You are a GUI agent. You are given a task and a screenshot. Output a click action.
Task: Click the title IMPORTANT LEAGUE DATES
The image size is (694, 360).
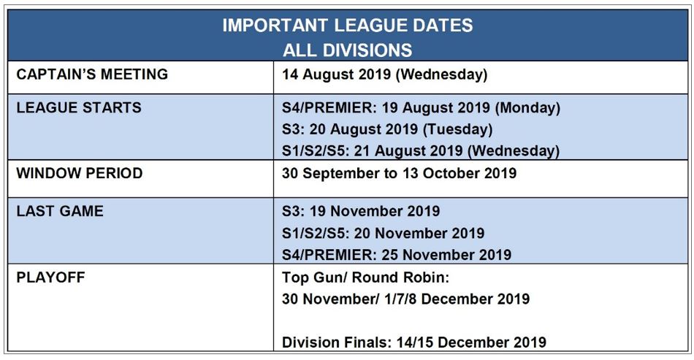point(348,26)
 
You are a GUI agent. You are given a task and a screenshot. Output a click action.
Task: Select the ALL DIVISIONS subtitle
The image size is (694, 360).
point(348,50)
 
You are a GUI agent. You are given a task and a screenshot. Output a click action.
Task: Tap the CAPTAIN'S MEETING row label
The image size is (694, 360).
point(92,74)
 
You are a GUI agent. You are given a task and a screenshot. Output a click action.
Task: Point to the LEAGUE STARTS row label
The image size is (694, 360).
point(79,107)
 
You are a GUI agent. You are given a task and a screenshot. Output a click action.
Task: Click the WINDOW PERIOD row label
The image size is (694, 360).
point(79,173)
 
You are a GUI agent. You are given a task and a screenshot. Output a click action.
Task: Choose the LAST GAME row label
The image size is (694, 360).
point(60,211)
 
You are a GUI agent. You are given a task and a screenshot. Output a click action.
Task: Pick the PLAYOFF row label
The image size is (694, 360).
point(50,277)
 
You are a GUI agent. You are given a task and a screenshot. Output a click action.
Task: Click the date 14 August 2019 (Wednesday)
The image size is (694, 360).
point(384,74)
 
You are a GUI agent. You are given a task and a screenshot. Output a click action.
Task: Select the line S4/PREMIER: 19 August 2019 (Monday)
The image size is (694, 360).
point(421,108)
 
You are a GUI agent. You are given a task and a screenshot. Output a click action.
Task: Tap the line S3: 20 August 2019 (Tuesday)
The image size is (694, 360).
point(387,129)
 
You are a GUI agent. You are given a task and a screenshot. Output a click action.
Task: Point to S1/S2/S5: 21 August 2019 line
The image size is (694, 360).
point(421,151)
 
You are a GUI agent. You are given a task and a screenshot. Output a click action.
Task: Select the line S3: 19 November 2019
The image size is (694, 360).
point(361,211)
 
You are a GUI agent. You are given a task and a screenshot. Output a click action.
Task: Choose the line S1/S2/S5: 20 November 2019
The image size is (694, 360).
point(384,233)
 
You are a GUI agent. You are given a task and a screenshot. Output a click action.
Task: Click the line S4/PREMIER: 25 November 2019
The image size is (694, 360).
point(397,255)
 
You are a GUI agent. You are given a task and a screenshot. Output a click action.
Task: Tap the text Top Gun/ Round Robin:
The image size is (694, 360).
point(365,277)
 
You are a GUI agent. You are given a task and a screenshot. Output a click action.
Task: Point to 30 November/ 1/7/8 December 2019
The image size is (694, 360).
point(406,299)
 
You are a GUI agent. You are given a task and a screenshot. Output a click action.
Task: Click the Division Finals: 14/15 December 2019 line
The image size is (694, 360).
point(414,342)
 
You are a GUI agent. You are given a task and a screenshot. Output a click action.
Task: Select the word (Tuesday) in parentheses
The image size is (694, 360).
point(457,129)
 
